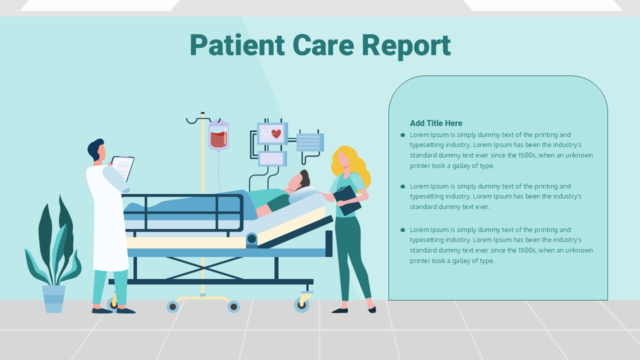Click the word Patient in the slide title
237,45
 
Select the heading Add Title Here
436,123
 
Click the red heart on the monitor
276,133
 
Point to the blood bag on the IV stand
218,135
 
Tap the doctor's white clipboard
123,168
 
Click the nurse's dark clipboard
347,200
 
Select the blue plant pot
53,299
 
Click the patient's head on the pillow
299,180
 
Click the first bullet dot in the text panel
403,135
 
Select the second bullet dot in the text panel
403,186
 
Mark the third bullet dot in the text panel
403,229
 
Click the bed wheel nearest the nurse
301,305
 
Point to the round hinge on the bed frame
251,239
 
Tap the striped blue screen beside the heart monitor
310,142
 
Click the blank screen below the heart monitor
272,158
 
